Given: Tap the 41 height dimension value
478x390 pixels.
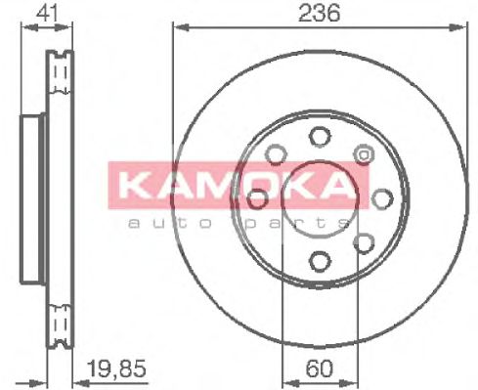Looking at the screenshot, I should coord(43,13).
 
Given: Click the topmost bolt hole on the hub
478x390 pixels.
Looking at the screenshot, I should coord(319,138).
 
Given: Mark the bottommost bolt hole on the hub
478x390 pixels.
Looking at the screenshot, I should coord(319,259).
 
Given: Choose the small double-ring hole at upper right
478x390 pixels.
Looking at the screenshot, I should coord(366,153).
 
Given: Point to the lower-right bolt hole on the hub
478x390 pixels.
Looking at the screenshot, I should coord(364,241).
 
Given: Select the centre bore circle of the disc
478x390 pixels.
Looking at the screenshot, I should coord(319,198).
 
